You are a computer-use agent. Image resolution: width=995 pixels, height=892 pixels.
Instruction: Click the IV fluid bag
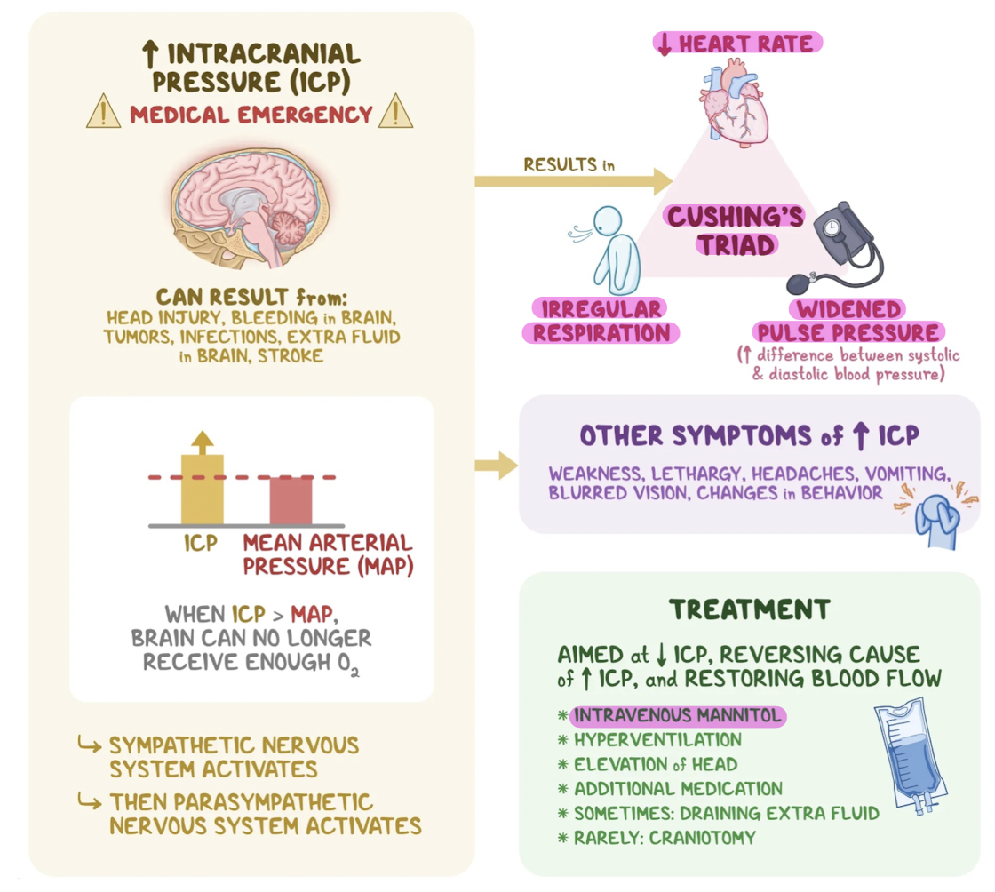pos(908,754)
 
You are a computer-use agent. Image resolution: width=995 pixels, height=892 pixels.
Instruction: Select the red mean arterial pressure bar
pos(291,500)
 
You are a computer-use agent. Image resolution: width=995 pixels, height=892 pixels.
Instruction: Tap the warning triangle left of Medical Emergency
pos(103,114)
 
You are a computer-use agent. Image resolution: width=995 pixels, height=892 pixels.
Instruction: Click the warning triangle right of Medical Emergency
pos(395,114)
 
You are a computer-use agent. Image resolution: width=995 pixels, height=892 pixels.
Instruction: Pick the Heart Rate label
pos(737,44)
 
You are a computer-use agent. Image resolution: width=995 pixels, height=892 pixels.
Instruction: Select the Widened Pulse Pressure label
pos(848,321)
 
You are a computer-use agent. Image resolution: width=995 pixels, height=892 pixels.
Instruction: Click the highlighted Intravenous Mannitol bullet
pos(677,715)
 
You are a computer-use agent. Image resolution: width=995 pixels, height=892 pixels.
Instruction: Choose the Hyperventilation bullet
pos(657,739)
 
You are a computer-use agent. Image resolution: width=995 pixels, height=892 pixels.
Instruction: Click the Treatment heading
pos(749,609)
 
